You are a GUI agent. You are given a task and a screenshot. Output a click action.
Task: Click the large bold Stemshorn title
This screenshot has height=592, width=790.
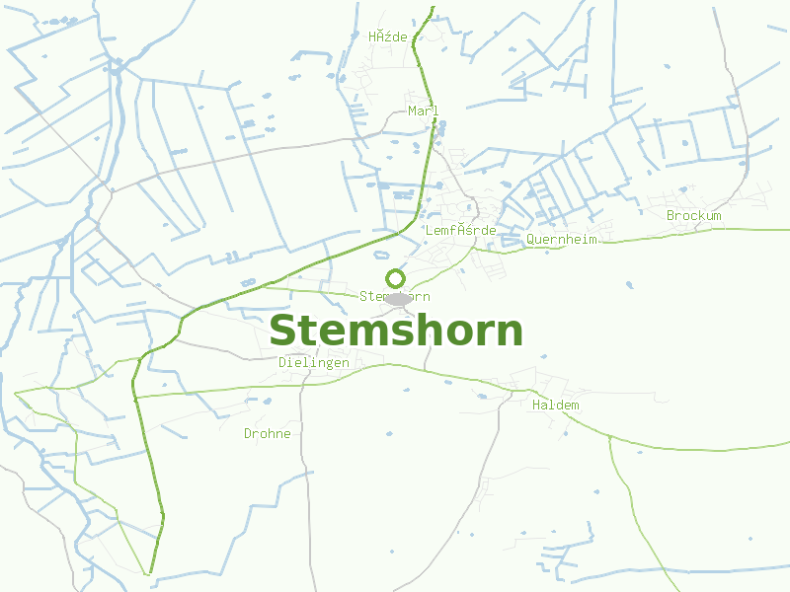click(x=395, y=332)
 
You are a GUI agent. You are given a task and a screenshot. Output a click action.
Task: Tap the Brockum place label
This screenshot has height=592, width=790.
click(x=693, y=215)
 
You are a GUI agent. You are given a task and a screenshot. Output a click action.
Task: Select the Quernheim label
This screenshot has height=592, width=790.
click(x=561, y=239)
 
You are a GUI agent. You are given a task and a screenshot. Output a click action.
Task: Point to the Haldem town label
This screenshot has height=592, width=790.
click(x=555, y=406)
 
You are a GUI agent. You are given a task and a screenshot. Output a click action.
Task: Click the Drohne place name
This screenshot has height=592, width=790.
click(x=268, y=433)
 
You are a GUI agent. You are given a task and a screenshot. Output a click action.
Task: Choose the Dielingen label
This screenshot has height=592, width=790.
click(x=313, y=362)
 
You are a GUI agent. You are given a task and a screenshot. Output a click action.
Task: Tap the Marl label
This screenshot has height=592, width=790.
click(x=423, y=111)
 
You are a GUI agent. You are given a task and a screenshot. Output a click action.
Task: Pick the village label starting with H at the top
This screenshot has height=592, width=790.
click(x=387, y=37)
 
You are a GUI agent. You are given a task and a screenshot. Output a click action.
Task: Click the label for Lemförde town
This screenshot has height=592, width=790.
click(x=459, y=230)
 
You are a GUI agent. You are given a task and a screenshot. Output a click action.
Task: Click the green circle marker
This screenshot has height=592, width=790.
click(x=395, y=278)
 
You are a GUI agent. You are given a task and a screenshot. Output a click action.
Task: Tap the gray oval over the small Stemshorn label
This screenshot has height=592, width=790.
click(x=397, y=298)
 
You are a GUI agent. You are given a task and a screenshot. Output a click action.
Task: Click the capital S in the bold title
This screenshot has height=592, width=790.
click(x=283, y=332)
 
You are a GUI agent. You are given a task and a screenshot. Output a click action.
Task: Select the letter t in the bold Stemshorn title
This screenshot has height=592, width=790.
click(x=309, y=332)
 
